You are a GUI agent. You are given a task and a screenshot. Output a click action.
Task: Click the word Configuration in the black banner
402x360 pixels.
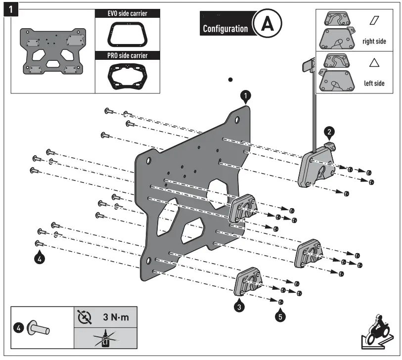(225, 29)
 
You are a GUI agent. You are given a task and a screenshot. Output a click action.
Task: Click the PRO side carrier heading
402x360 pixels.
(128, 55)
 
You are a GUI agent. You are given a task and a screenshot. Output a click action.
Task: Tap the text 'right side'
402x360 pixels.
(374, 42)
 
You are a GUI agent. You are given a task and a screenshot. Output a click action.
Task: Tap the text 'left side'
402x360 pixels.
(374, 84)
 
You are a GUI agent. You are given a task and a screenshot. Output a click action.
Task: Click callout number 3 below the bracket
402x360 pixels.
(239, 306)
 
